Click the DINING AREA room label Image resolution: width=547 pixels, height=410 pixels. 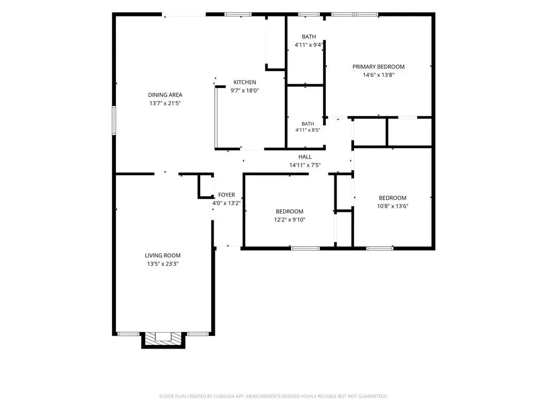coord(165,95)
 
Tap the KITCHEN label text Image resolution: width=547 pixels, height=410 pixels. coord(245,82)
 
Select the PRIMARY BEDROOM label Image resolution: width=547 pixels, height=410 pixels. coord(379,67)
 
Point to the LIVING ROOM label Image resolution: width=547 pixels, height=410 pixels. coord(162,256)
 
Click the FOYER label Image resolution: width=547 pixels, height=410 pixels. coord(226,195)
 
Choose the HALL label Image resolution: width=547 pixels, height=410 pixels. coord(305,157)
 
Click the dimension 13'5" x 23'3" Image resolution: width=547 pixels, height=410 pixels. coord(162,264)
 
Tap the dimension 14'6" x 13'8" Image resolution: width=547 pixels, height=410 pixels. coord(379,75)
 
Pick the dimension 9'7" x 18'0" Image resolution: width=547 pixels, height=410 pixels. coord(245,91)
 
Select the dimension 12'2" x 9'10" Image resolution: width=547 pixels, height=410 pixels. coord(290,219)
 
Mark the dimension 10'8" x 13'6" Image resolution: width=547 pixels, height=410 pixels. coord(393,206)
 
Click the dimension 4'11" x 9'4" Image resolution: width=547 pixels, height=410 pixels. coord(309,45)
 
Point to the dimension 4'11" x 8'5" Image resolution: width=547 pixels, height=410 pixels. coord(308,130)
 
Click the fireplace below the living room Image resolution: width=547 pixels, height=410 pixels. coord(163,340)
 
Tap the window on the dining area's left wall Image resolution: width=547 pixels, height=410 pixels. coord(114,121)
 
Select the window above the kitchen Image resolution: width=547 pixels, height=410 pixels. coord(238,14)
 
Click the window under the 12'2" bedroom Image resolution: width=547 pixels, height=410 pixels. coord(305,248)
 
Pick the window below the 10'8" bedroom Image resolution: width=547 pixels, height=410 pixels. coord(380,248)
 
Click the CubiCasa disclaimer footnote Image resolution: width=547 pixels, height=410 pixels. coord(273,397)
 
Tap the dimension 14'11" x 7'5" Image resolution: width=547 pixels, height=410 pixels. coord(305,165)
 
